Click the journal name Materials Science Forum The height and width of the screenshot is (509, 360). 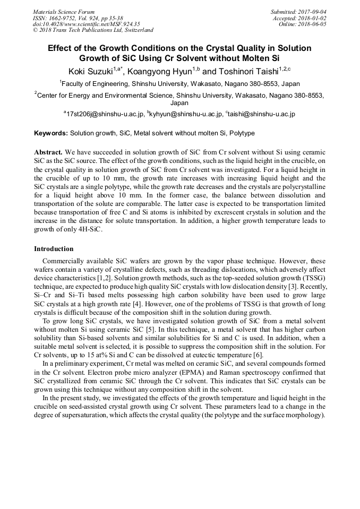pyautogui.click(x=64, y=12)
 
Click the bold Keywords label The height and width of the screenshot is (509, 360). pyautogui.click(x=51, y=133)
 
